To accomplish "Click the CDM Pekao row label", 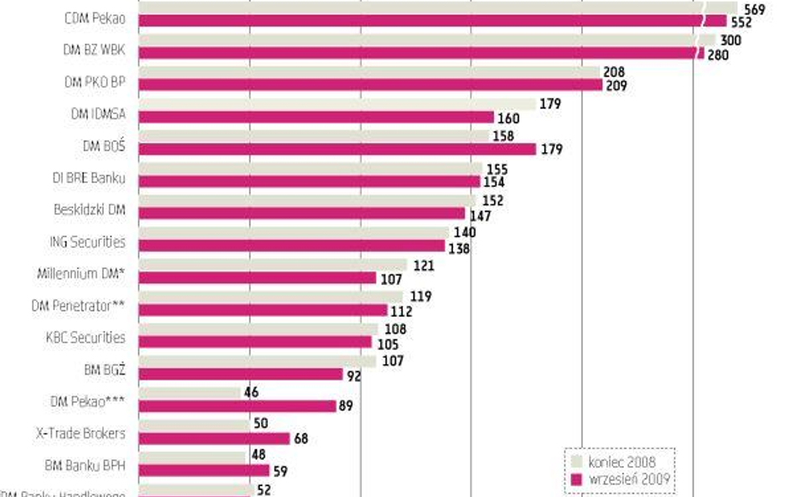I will point(94,18).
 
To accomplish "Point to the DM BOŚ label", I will point(104,145).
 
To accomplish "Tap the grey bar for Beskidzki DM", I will point(307,201).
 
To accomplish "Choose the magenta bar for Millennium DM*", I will point(257,278).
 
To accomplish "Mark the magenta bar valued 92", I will point(240,374).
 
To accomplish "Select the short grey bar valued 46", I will point(188,392).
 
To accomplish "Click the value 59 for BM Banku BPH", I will point(281,471).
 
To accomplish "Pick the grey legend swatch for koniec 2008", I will point(577,462).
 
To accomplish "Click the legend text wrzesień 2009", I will point(628,479).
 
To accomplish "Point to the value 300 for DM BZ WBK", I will point(729,40).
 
